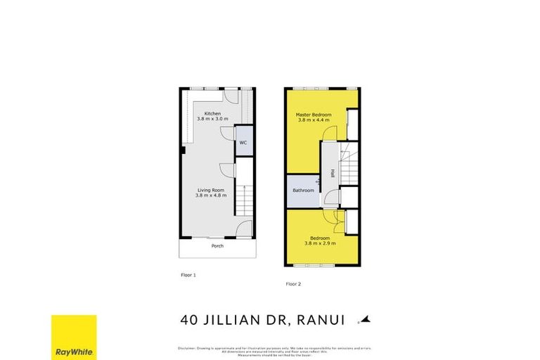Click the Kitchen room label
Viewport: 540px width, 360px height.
(x=212, y=114)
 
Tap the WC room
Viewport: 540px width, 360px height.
(x=243, y=142)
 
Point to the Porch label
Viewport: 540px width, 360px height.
(x=218, y=247)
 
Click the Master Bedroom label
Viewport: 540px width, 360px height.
(x=313, y=115)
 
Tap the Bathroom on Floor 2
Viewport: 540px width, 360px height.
(x=303, y=191)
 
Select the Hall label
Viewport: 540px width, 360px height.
(x=332, y=174)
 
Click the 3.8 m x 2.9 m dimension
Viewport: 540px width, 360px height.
(x=319, y=243)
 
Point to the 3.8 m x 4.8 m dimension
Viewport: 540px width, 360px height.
(x=210, y=195)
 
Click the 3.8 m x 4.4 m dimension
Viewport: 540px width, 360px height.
(x=313, y=120)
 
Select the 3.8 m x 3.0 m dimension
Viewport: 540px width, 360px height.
(x=212, y=120)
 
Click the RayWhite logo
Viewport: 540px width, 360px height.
(x=74, y=336)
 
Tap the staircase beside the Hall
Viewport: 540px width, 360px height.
(x=349, y=167)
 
